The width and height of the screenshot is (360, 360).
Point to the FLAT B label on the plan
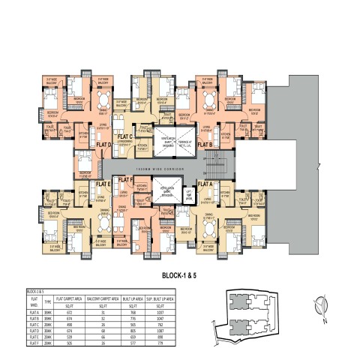pyautogui.click(x=205, y=144)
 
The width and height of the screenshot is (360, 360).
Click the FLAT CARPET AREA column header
pyautogui.click(x=69, y=298)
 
